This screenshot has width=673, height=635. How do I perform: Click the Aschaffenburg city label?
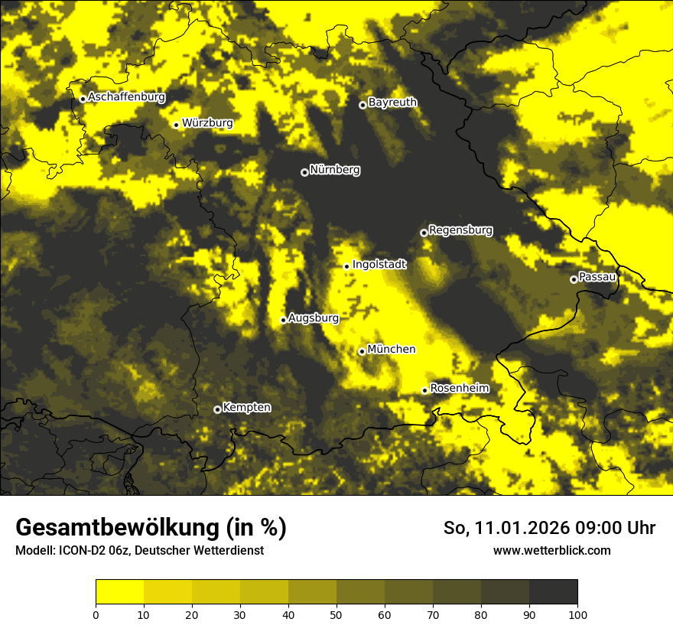pyautogui.click(x=126, y=97)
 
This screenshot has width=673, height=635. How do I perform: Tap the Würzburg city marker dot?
pyautogui.click(x=176, y=125)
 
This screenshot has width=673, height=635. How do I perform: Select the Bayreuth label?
pyautogui.click(x=392, y=102)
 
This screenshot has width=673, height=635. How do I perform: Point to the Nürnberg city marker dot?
pyautogui.click(x=304, y=172)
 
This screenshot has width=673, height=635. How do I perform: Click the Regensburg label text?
pyautogui.click(x=460, y=230)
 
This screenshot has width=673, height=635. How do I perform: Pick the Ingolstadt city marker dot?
pyautogui.click(x=346, y=266)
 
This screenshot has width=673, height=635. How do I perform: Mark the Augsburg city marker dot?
pyautogui.click(x=283, y=320)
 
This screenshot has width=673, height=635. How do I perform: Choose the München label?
pyautogui.click(x=392, y=349)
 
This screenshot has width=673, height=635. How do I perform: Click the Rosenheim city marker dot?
pyautogui.click(x=424, y=391)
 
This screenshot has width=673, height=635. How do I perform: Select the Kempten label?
pyautogui.click(x=246, y=407)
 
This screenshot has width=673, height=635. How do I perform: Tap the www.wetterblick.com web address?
pyautogui.click(x=551, y=550)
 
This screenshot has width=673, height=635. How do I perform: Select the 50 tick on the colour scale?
pyautogui.click(x=336, y=614)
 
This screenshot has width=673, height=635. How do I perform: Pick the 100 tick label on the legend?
pyautogui.click(x=577, y=614)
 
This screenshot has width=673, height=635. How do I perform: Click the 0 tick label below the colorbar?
pyautogui.click(x=96, y=614)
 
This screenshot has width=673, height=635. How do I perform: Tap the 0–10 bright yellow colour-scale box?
pyautogui.click(x=119, y=592)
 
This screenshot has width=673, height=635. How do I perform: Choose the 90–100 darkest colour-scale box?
pyautogui.click(x=553, y=592)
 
